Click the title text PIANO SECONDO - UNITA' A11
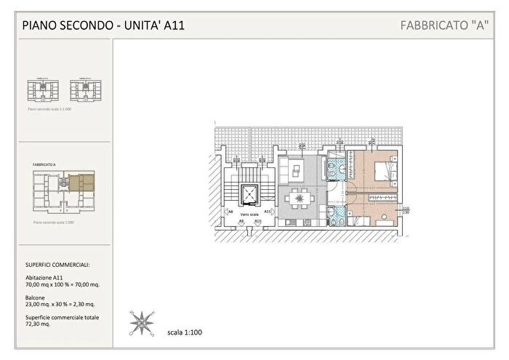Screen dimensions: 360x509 coord(103,25)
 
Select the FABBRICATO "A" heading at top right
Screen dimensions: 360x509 coord(444,25)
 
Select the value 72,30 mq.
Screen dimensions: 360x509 coord(36,324)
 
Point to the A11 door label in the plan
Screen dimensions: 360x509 coord(268,212)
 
